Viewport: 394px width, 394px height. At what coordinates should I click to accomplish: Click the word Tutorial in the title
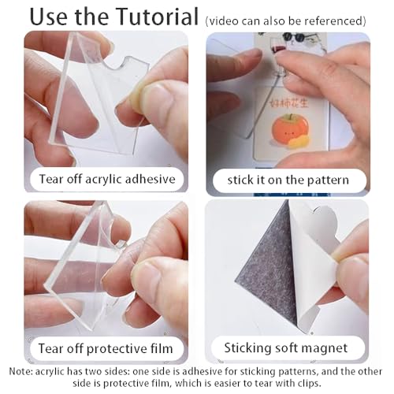click(158, 17)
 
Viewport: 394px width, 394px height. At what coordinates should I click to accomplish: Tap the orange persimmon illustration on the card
click(290, 128)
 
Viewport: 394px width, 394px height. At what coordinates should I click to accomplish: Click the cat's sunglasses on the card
click(295, 37)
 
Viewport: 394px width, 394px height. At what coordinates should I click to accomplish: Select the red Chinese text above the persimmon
click(288, 103)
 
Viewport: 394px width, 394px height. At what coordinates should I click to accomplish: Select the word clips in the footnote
click(309, 384)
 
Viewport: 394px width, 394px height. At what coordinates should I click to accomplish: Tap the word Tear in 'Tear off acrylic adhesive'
click(51, 179)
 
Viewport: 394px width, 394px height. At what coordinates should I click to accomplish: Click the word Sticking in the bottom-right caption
click(245, 348)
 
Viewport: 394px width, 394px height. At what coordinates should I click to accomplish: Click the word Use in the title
click(49, 17)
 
